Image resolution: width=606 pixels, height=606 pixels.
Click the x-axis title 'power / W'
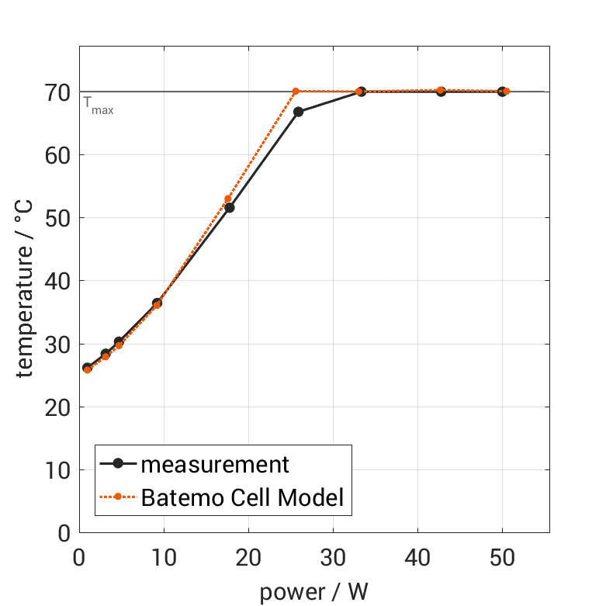(313, 592)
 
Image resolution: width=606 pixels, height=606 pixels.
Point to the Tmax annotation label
(99, 106)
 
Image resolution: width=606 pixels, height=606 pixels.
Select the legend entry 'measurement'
(214, 464)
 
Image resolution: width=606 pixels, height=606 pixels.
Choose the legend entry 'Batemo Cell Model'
(242, 497)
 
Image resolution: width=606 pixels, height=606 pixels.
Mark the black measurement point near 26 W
(298, 112)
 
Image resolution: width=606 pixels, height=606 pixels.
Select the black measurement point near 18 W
(229, 208)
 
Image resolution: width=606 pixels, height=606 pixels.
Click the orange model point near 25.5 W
(296, 92)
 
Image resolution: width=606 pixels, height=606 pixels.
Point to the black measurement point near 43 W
(441, 92)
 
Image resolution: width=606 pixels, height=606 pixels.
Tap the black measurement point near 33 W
(361, 92)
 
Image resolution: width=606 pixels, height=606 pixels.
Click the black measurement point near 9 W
(157, 303)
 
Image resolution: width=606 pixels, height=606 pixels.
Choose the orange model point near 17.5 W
(227, 199)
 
